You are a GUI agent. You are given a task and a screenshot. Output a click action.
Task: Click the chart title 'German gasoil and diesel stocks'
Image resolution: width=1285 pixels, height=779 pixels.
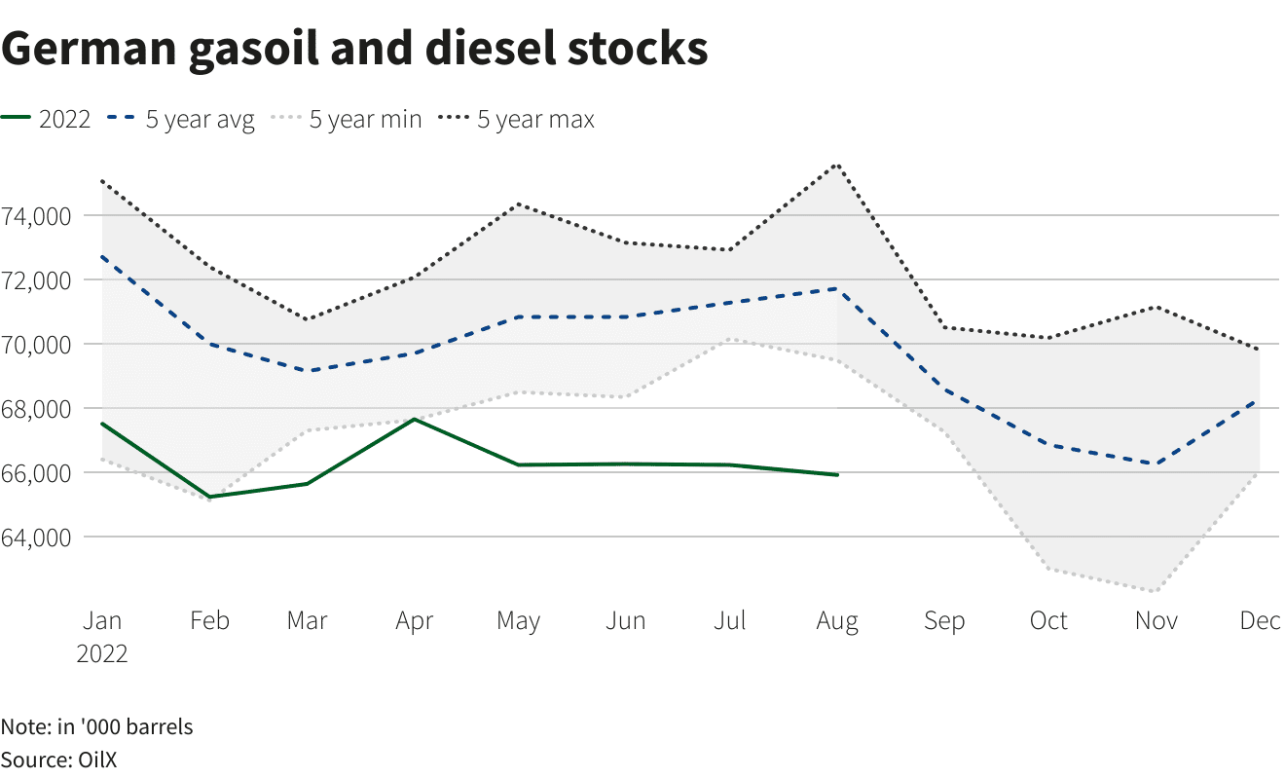pyautogui.click(x=354, y=49)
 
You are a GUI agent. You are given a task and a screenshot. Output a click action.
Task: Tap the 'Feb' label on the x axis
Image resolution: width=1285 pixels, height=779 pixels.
pyautogui.click(x=209, y=621)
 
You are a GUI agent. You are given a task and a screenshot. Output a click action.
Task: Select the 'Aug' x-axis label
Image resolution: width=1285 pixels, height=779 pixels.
pyautogui.click(x=837, y=621)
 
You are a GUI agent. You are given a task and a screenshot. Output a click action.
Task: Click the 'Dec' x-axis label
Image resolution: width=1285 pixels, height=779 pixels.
pyautogui.click(x=1260, y=621)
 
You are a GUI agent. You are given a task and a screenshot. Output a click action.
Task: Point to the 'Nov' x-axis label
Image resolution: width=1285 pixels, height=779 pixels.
pyautogui.click(x=1156, y=621)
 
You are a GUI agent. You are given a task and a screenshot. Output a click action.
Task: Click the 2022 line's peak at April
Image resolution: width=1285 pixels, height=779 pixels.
pyautogui.click(x=416, y=419)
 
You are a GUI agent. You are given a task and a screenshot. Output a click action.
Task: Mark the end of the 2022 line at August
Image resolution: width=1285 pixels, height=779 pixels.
pyautogui.click(x=838, y=474)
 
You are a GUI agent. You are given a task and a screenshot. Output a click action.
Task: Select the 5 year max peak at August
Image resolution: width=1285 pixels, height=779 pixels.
pyautogui.click(x=838, y=164)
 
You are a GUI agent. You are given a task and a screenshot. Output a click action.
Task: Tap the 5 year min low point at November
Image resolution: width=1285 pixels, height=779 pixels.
pyautogui.click(x=1156, y=591)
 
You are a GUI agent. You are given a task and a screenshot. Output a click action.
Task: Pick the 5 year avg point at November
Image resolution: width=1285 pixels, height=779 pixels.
pyautogui.click(x=1156, y=464)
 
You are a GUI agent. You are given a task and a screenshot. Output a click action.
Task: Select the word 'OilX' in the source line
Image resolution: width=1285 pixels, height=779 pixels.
pyautogui.click(x=97, y=760)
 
